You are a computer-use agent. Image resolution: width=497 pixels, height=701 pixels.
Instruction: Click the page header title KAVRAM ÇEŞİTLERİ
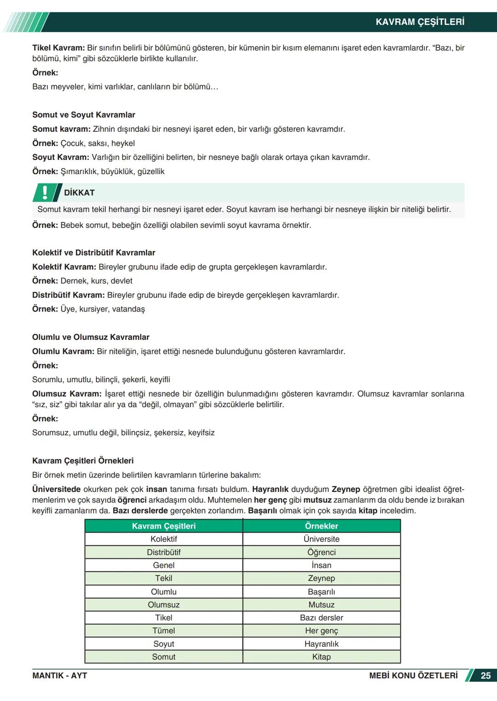tap(420, 22)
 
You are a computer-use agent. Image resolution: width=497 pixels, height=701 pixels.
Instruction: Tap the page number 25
tap(485, 676)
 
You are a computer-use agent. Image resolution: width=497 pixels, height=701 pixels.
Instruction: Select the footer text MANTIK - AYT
tap(59, 676)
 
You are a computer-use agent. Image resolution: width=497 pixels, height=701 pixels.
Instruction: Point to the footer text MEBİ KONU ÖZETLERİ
tap(413, 676)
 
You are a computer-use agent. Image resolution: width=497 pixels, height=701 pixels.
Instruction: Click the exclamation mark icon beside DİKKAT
tap(45, 193)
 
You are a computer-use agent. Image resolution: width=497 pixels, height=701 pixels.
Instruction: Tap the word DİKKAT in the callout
tap(79, 193)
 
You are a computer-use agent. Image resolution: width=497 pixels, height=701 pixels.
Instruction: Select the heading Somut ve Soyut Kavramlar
tap(84, 115)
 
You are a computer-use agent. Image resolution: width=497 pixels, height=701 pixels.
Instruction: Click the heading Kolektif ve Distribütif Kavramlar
tap(93, 252)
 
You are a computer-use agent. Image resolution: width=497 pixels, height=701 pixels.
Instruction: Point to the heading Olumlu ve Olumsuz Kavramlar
tap(91, 337)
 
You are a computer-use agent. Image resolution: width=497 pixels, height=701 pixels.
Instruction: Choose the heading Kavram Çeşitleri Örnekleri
tap(83, 461)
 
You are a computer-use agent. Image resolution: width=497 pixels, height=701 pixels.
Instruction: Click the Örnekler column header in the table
tap(321, 526)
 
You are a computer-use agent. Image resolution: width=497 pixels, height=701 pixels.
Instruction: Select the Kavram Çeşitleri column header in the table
tap(164, 526)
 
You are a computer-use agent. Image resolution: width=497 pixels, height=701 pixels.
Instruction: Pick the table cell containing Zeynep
tap(321, 578)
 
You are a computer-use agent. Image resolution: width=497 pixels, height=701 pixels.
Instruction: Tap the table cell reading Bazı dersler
tap(321, 618)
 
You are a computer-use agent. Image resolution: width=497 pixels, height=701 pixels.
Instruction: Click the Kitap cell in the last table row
tap(321, 657)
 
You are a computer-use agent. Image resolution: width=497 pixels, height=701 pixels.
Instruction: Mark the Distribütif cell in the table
tap(164, 552)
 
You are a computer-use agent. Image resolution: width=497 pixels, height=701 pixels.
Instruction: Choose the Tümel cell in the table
tap(164, 631)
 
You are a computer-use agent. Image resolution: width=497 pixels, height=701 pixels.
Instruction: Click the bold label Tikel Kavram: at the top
tap(58, 48)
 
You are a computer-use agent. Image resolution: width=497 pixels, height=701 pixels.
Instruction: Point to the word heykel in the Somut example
tap(123, 143)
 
